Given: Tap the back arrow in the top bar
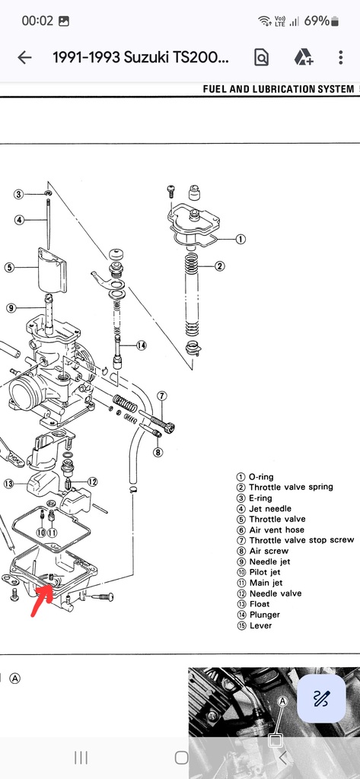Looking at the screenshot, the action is (x=24, y=58).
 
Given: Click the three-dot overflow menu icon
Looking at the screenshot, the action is (x=341, y=58).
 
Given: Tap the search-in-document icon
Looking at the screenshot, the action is (x=261, y=58).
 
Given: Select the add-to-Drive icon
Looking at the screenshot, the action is (x=304, y=58).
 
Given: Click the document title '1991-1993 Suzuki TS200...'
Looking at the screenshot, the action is (x=142, y=58).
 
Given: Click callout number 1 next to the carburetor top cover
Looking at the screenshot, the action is (x=241, y=239).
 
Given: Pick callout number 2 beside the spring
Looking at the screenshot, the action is (x=219, y=266).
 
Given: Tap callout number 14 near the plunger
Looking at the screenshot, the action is (x=142, y=345).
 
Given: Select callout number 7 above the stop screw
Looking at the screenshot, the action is (x=162, y=396).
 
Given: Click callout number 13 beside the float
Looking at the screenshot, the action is (x=9, y=483).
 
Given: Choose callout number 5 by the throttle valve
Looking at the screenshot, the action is (x=9, y=267).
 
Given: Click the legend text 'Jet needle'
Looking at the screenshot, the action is (x=270, y=509).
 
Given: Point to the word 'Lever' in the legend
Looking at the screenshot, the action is (x=260, y=625).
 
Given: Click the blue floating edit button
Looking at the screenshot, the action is (x=321, y=698).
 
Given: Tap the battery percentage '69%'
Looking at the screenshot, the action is (x=317, y=21).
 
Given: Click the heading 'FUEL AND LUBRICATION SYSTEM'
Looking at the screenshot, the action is (x=279, y=90).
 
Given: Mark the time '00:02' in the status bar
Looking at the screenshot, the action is (x=37, y=21).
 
